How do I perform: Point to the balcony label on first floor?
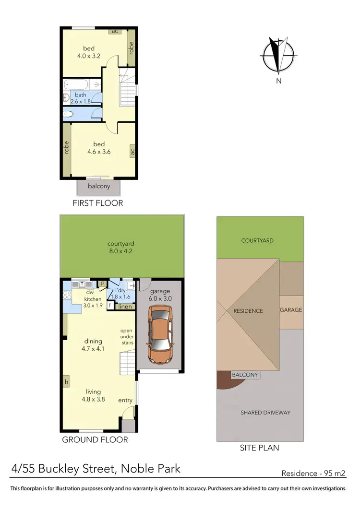pyautogui.click(x=99, y=186)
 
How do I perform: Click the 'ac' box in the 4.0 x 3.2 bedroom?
pyautogui.click(x=115, y=31)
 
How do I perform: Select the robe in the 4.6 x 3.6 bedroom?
pyautogui.click(x=66, y=147)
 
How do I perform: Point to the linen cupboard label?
pyautogui.click(x=124, y=307)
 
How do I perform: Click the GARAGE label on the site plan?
pyautogui.click(x=291, y=310)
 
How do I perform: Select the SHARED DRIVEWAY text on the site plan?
pyautogui.click(x=265, y=413)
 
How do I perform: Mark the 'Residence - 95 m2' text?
pyautogui.click(x=313, y=473)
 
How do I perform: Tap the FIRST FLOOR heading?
pyautogui.click(x=98, y=203)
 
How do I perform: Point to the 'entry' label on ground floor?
pyautogui.click(x=125, y=401)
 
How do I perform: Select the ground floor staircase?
pyautogui.click(x=127, y=362)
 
